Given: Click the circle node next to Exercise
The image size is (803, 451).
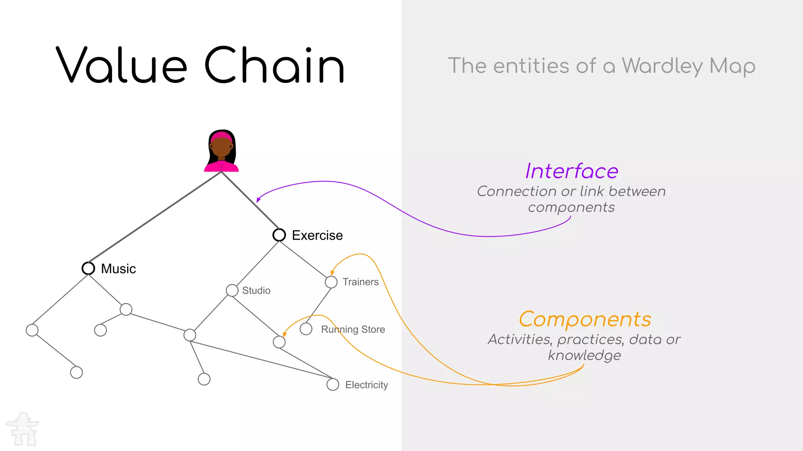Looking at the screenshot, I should point(279,235).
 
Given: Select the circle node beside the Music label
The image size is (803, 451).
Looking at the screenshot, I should point(88,268).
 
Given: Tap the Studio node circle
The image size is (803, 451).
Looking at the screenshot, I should point(232,290).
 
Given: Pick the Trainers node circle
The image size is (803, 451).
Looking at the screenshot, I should point(331,282).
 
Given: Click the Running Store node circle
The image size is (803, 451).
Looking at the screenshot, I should point(306,329).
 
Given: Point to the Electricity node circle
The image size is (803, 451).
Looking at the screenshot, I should point(333,384).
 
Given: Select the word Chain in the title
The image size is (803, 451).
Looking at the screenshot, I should point(274,65).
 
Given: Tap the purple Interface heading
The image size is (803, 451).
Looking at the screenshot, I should point(572,171).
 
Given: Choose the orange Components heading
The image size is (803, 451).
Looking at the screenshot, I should point(585,319).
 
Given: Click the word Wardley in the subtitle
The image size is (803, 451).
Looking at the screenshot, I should point(662,66).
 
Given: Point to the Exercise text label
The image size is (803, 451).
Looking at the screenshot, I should point(317,235).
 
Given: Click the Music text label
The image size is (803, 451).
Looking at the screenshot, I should point(118,269).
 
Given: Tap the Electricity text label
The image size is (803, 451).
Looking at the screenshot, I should point(367,385).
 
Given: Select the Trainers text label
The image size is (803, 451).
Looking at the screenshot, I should point(360,282).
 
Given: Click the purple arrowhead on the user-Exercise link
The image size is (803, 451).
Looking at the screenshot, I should point(258,200).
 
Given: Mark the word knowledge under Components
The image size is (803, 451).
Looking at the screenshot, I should point(584,355).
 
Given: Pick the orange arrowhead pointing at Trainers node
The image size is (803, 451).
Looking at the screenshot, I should point(332,272).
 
